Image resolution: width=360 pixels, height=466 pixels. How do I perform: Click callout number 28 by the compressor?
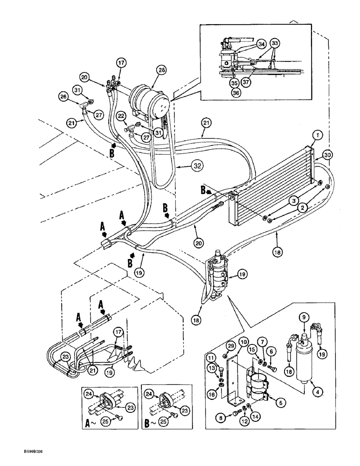[161, 70]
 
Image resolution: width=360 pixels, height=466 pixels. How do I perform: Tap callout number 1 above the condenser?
[317, 135]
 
